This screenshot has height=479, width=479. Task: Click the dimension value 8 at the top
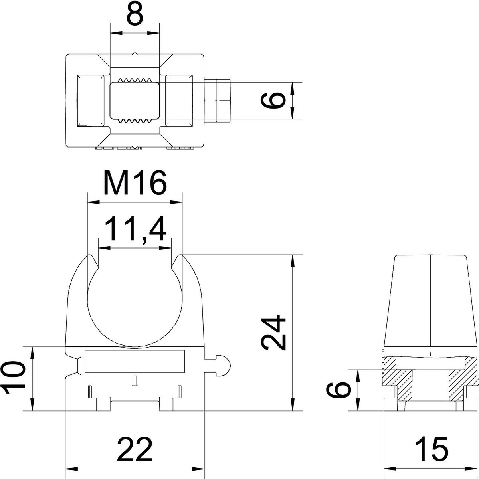tap(135, 14)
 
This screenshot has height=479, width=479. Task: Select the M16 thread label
tap(135, 183)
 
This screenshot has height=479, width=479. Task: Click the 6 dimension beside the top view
tap(273, 100)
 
